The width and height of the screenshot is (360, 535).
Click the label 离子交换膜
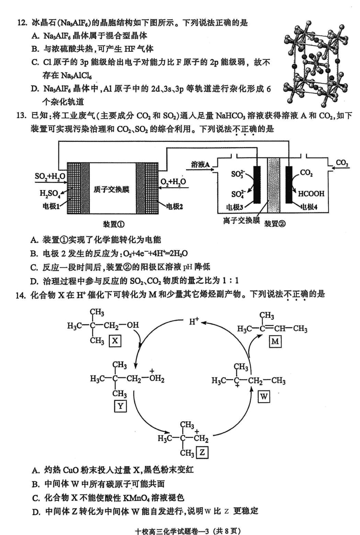tap(241, 220)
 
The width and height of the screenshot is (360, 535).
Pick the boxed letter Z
tap(201, 452)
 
